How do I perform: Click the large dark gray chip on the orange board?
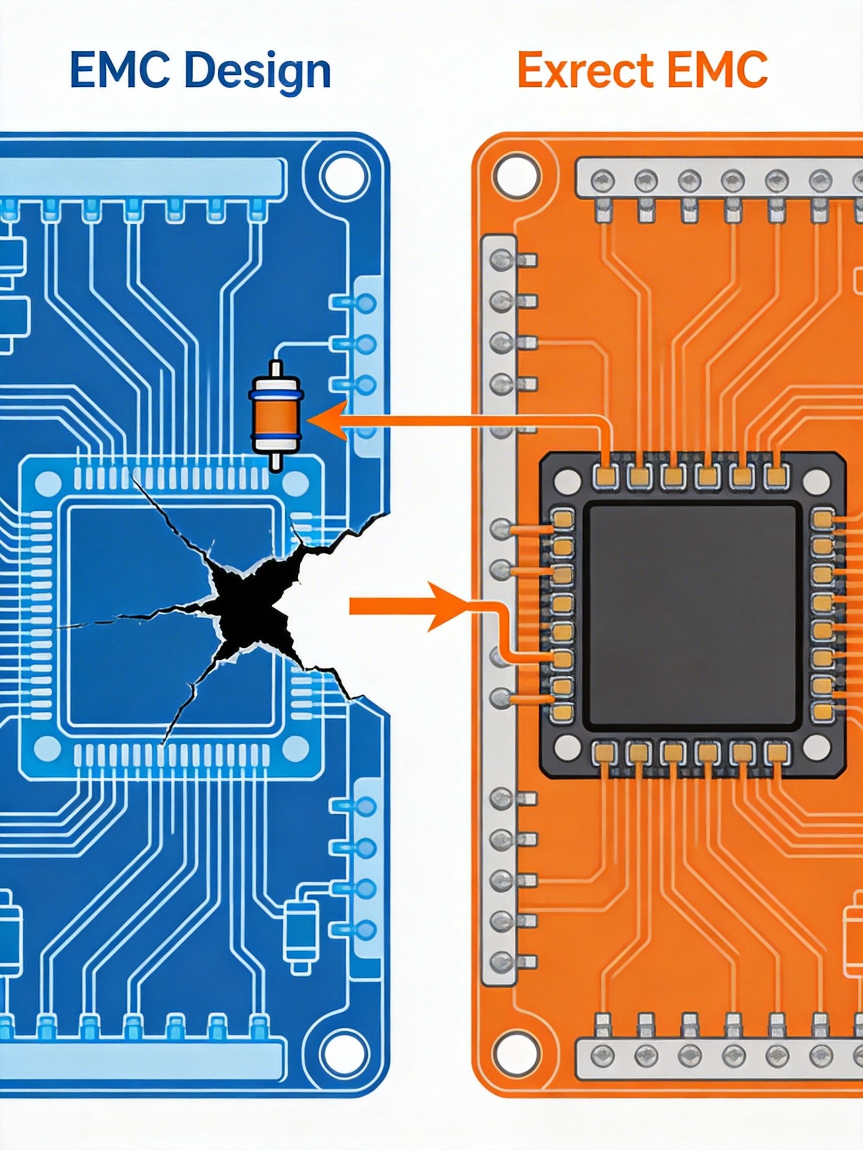coord(690,615)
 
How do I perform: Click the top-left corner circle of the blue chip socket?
coord(48,482)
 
